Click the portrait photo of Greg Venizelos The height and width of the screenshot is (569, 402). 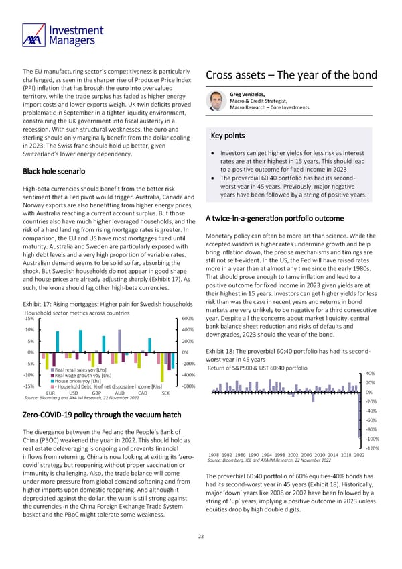(x=216, y=101)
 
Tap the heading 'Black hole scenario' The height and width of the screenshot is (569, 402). (x=58, y=170)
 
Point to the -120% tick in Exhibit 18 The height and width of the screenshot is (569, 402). (x=374, y=448)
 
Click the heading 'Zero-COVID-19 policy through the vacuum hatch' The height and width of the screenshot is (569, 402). (x=96, y=415)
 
